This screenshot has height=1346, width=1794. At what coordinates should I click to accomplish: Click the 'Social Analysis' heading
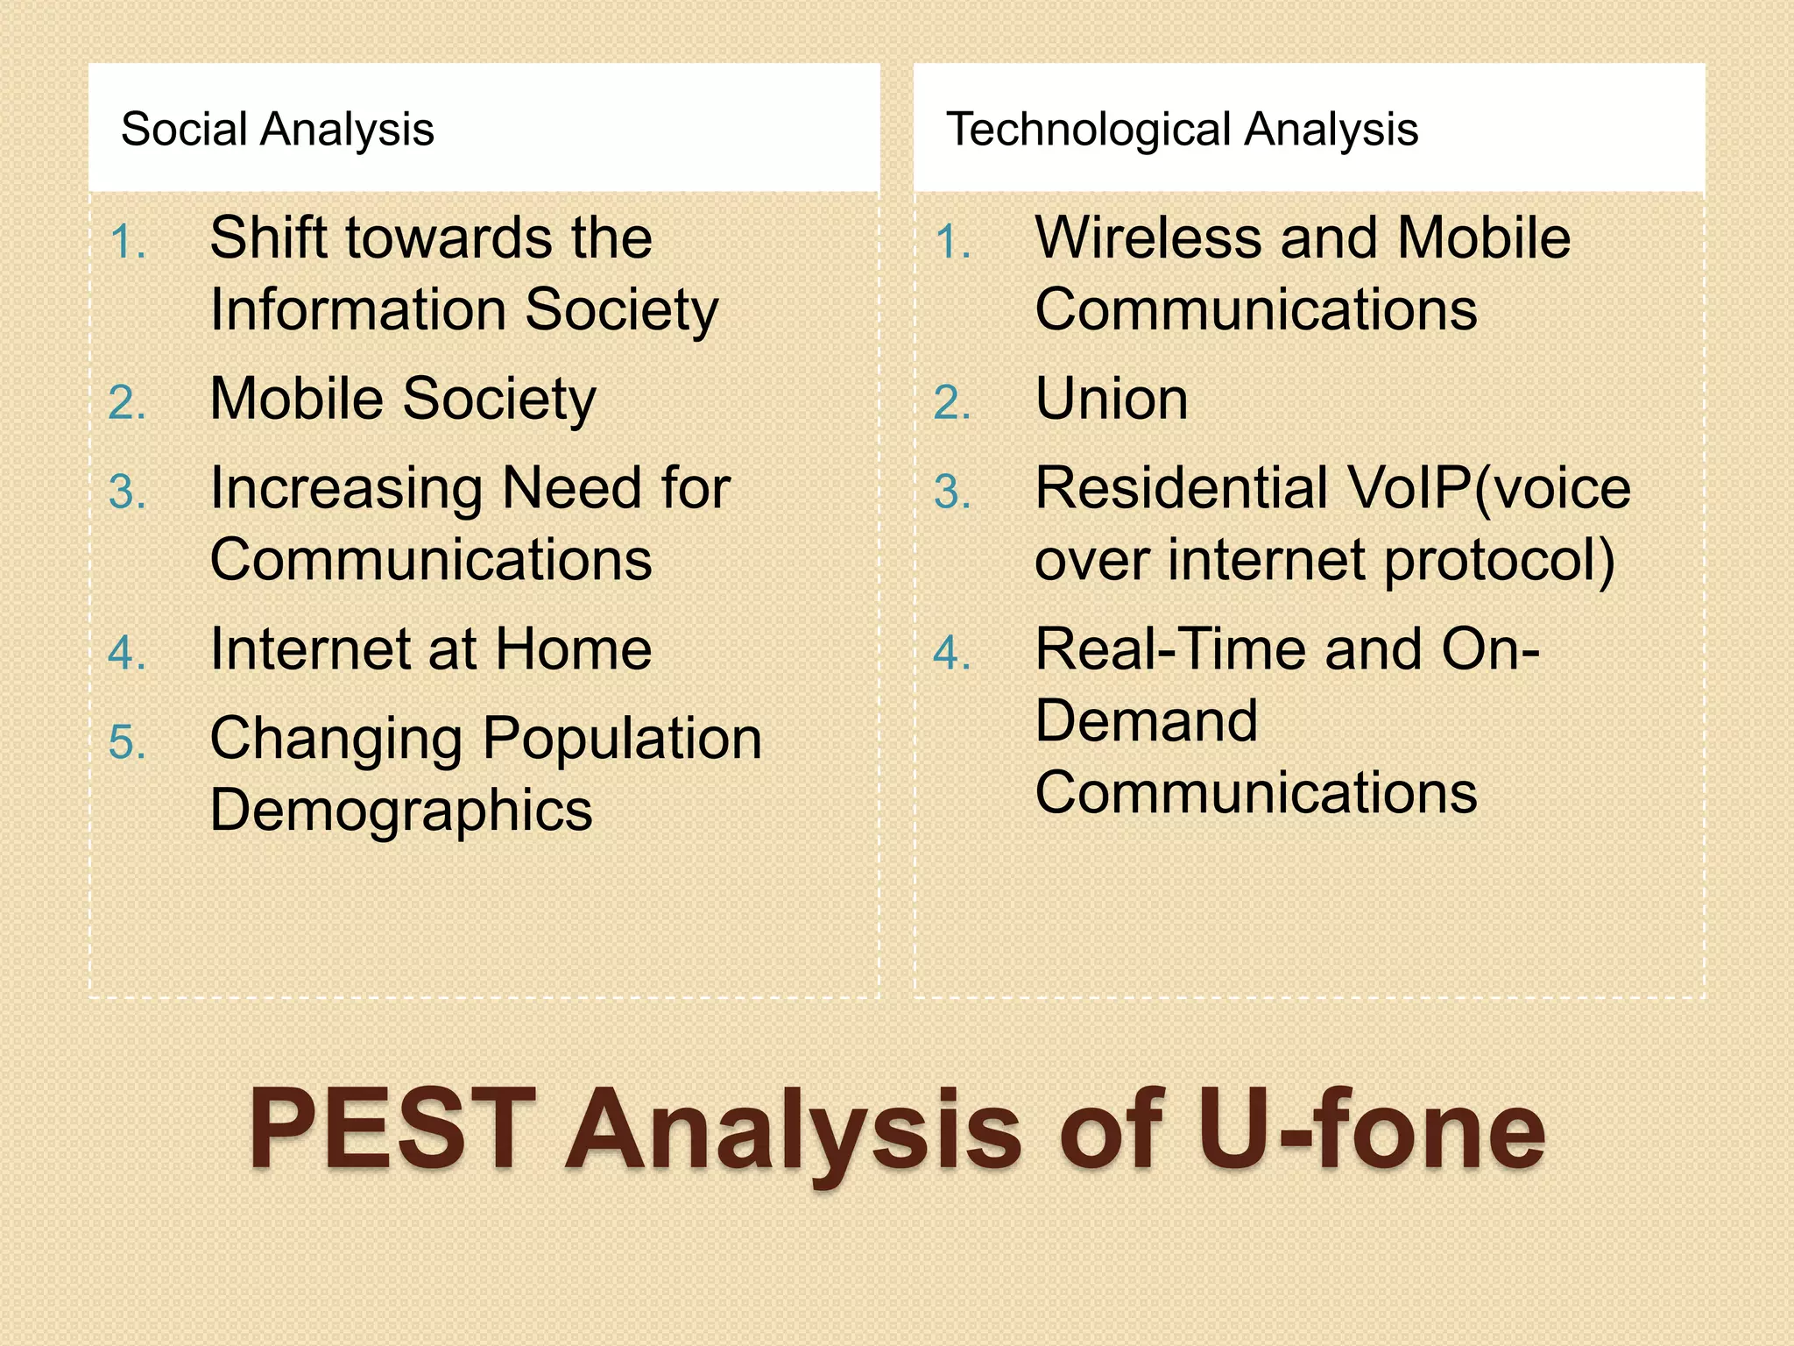click(x=277, y=130)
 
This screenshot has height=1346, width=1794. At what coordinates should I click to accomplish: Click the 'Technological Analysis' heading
click(x=1182, y=130)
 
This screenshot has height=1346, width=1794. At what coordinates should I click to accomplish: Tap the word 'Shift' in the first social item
click(x=268, y=238)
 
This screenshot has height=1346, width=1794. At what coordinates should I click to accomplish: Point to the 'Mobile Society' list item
click(x=403, y=400)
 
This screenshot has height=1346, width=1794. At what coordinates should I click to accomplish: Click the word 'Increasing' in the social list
click(x=347, y=489)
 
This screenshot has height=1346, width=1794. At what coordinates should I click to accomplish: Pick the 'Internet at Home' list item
click(x=431, y=649)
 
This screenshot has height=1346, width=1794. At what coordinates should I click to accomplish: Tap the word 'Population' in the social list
click(x=623, y=740)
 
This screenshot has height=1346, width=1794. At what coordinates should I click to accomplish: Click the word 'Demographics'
click(x=401, y=811)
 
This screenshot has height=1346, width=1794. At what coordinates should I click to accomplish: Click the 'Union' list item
click(x=1112, y=400)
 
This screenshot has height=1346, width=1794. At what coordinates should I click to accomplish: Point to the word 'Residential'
click(x=1181, y=489)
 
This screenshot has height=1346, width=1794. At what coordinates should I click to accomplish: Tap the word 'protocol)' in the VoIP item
click(x=1500, y=561)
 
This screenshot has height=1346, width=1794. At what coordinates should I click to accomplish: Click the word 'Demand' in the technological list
click(x=1147, y=721)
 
